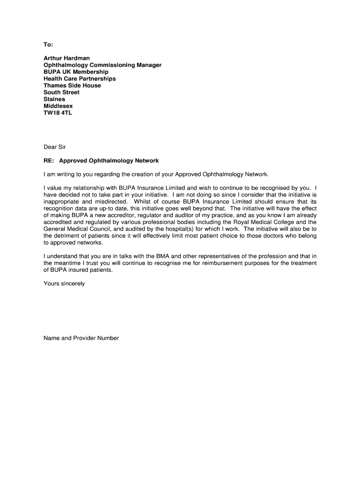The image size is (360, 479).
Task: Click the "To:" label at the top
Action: [49, 44]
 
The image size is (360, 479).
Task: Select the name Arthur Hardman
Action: [66, 58]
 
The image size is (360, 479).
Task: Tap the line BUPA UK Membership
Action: [76, 72]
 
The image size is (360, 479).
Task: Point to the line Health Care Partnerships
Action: [79, 79]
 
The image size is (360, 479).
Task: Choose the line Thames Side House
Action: [72, 86]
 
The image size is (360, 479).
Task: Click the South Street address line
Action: [61, 93]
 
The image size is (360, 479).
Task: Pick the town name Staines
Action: [54, 99]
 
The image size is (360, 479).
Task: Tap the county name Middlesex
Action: [58, 106]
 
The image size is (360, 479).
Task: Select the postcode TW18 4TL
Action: [58, 113]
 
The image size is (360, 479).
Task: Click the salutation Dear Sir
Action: [55, 147]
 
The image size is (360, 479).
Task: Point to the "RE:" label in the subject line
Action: [49, 160]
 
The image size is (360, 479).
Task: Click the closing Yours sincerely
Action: [64, 283]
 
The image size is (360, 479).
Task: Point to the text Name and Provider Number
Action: [81, 338]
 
